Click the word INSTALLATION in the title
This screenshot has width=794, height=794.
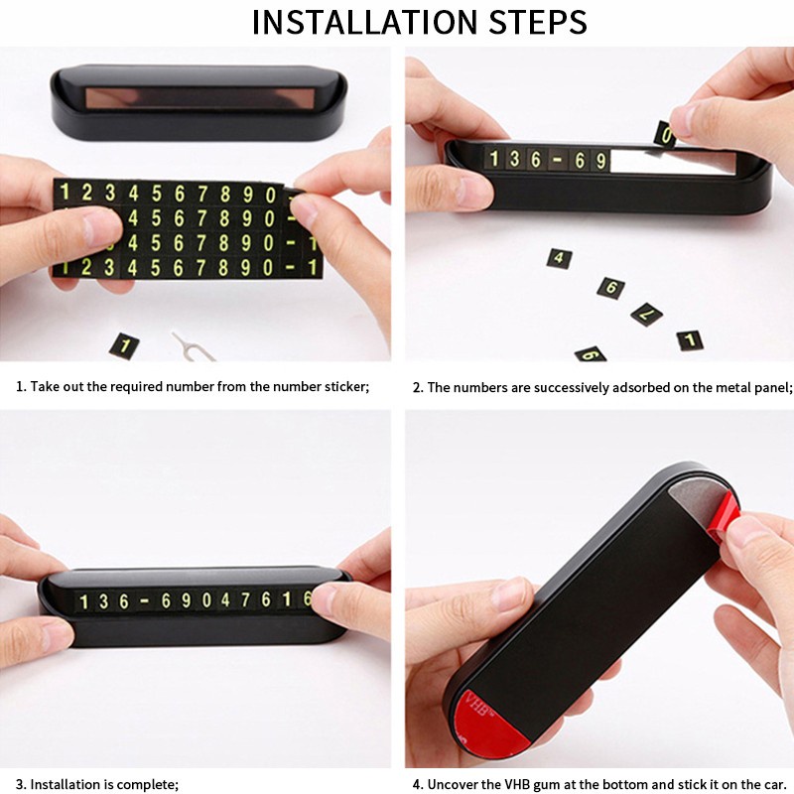coord(364,22)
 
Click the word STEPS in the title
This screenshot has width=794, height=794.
coord(537,22)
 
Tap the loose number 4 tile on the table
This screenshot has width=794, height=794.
coord(559,258)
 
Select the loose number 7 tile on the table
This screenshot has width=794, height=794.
coord(647,315)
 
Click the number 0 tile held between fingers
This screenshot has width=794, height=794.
coord(666,135)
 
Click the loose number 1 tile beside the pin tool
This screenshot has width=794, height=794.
coord(124,345)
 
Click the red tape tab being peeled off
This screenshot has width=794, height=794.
coord(724,517)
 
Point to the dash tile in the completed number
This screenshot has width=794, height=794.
coord(144,601)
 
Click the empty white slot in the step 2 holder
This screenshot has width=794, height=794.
coord(673,161)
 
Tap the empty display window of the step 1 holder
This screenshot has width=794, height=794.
coord(199,97)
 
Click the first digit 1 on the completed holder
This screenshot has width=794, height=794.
coord(84,602)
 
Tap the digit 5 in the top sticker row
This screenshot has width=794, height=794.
coord(157,194)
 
